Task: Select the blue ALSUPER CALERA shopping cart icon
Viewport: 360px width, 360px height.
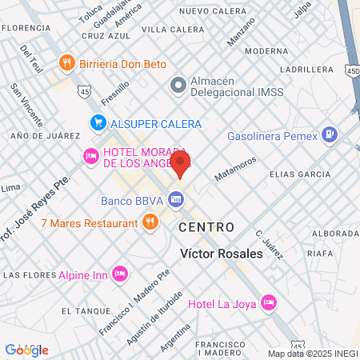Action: pyautogui.click(x=98, y=123)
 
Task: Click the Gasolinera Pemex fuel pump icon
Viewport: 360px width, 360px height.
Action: pyautogui.click(x=328, y=134)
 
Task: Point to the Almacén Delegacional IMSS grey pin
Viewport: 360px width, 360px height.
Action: pyautogui.click(x=178, y=84)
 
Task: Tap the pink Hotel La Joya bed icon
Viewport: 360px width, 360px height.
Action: pyautogui.click(x=270, y=303)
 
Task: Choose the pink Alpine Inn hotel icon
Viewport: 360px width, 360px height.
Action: pyautogui.click(x=120, y=274)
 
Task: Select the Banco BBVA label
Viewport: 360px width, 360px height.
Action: pyautogui.click(x=132, y=200)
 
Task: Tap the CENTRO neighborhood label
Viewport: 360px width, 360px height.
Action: pyautogui.click(x=206, y=227)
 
